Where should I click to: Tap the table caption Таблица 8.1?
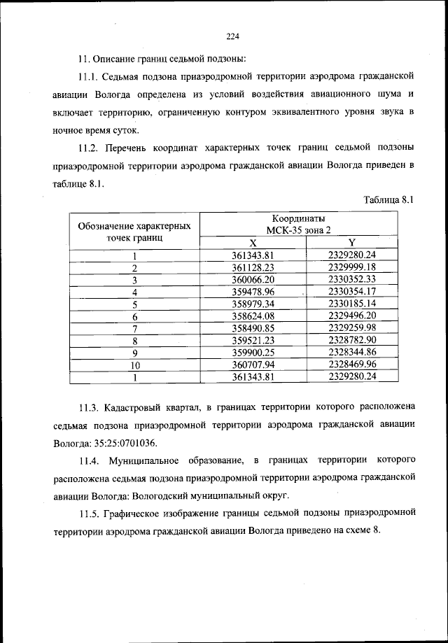[x=390, y=199]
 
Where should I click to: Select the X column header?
[x=253, y=242]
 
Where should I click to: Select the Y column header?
[x=352, y=242]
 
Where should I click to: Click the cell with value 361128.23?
[x=253, y=267]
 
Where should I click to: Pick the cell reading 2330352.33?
[x=352, y=279]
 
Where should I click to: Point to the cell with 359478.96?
[x=253, y=292]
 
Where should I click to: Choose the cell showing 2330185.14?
[x=352, y=304]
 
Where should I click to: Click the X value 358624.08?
[x=253, y=316]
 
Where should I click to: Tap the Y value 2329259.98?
[x=352, y=328]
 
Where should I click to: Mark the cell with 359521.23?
[x=253, y=341]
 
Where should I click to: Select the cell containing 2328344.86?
[x=352, y=353]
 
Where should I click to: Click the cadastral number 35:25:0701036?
[x=124, y=443]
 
